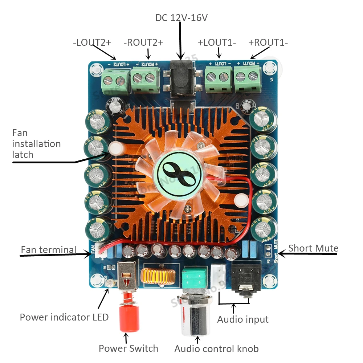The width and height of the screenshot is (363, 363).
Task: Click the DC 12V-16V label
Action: pyautogui.click(x=181, y=18)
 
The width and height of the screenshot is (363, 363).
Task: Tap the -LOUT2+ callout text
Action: pyautogui.click(x=92, y=42)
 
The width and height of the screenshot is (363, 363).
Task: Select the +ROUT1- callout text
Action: pyautogui.click(x=268, y=42)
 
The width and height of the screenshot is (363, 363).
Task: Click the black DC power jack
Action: pyautogui.click(x=181, y=82)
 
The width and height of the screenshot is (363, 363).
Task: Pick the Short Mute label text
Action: pyautogui.click(x=313, y=248)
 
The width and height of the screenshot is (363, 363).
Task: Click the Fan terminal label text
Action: pyautogui.click(x=49, y=250)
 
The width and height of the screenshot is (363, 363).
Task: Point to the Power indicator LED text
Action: pyautogui.click(x=64, y=317)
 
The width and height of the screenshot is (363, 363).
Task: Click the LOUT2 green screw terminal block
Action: pyautogui.click(x=115, y=79)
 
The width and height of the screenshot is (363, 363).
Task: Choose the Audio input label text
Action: pyautogui.click(x=243, y=319)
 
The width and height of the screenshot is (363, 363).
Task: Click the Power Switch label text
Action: pyautogui.click(x=129, y=348)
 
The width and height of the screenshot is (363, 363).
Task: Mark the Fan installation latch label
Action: pyautogui.click(x=36, y=144)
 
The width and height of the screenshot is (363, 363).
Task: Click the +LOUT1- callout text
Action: pyautogui.click(x=217, y=42)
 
